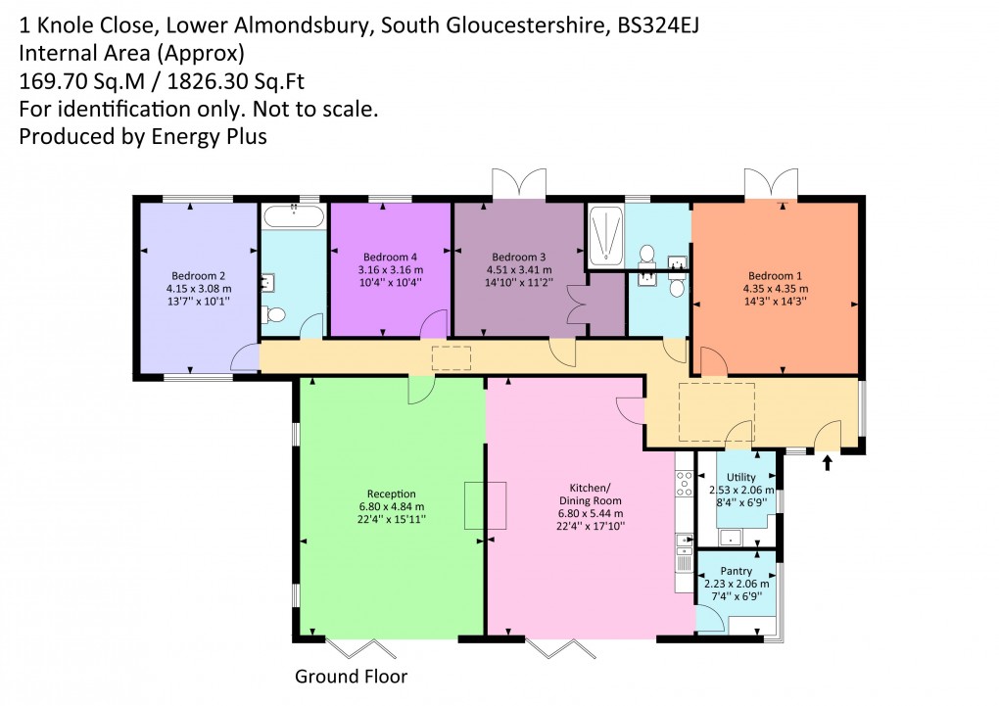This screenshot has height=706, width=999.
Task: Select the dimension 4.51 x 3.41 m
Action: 518,269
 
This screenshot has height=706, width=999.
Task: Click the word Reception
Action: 392,494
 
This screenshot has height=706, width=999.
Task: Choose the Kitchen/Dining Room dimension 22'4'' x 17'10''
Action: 591,526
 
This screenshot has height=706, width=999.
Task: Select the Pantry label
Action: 736,571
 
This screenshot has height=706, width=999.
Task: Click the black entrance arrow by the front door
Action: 828,462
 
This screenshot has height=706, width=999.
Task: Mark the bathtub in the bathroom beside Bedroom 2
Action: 294,217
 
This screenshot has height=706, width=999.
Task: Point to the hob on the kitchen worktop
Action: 684,483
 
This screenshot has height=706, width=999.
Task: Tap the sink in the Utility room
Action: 730,537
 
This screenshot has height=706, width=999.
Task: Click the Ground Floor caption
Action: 351,677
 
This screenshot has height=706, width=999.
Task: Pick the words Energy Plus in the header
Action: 207,136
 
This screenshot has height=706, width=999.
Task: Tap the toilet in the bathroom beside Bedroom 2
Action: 274,315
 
